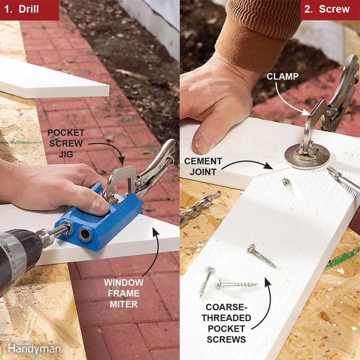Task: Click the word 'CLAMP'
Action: click(x=282, y=76)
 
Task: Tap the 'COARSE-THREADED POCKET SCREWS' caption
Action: click(x=226, y=323)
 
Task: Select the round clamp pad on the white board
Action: click(x=306, y=157)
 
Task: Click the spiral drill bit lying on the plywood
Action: click(x=200, y=208)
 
